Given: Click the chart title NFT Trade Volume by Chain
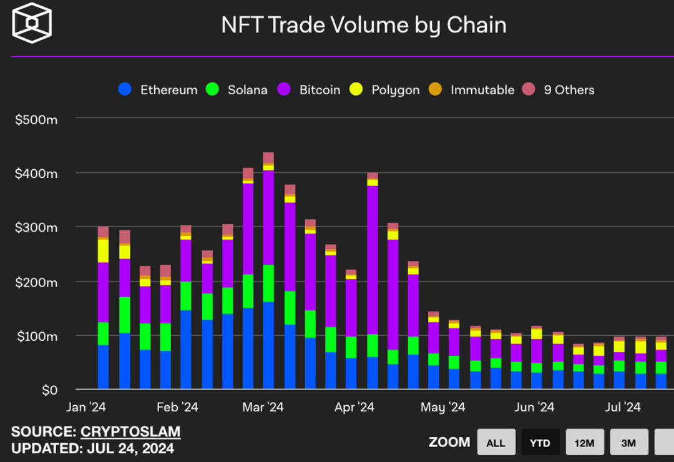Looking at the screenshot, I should [364, 25].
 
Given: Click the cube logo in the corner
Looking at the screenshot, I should [32, 23].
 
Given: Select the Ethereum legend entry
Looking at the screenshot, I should [159, 89].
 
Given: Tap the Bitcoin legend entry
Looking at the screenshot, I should [310, 89].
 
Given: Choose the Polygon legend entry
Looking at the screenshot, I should [386, 89].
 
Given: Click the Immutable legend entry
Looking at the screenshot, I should [472, 89].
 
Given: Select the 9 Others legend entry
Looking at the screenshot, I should [559, 89].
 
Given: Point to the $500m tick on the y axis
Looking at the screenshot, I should [36, 119].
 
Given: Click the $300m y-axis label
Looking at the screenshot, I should [36, 228].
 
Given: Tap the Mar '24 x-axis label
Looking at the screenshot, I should [262, 408].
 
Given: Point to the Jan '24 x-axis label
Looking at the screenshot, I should [85, 408].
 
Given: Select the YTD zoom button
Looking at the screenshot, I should [540, 443].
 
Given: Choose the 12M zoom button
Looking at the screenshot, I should [584, 443].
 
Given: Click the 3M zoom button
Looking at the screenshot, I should [628, 443].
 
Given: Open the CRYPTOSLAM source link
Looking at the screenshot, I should [130, 431].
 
